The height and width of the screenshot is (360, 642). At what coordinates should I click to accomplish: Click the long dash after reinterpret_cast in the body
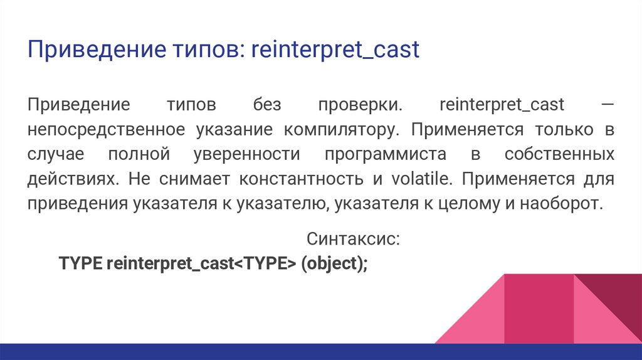607,104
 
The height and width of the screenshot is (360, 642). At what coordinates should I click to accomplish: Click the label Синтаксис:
353,239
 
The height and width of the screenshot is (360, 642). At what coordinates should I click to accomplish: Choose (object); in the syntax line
334,263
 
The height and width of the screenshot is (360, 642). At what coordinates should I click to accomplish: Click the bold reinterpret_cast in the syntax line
170,263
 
